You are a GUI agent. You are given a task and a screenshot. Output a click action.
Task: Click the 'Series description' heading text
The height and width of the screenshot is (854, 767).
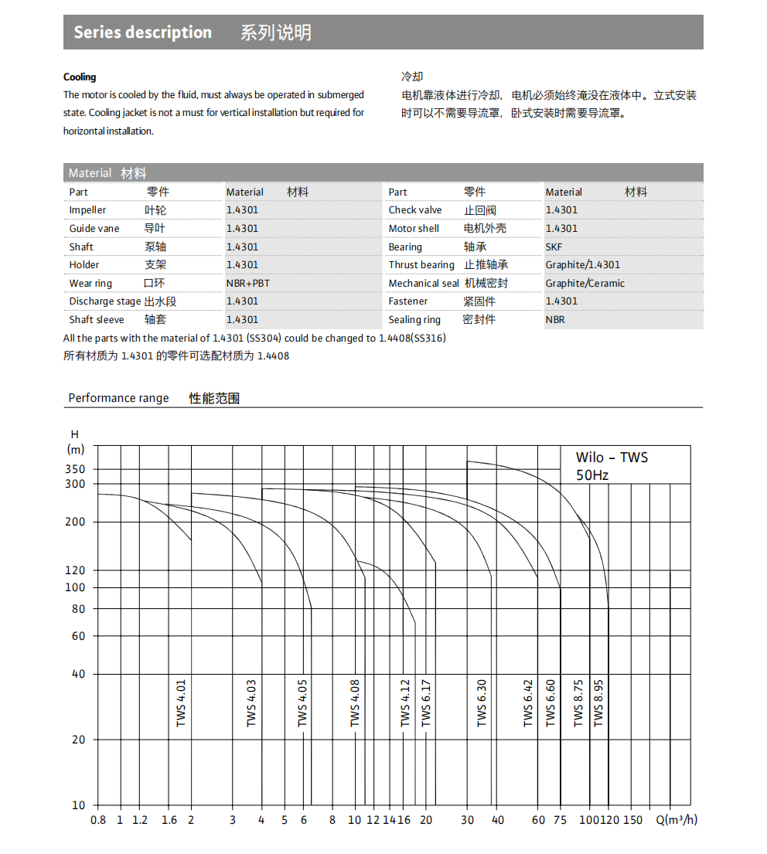[x=142, y=32]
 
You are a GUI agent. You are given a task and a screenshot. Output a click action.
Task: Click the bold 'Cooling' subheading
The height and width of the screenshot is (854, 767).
[x=80, y=77]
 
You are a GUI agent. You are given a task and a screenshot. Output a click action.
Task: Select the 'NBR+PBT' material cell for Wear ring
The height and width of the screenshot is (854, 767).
[x=248, y=283]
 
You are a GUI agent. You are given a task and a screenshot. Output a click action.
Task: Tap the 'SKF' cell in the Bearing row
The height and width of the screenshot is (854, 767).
[x=554, y=247]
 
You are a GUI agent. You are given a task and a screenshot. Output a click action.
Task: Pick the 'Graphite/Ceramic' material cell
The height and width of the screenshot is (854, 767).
[x=585, y=283]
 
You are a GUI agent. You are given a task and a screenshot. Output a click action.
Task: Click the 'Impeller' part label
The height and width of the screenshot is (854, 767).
[x=87, y=210]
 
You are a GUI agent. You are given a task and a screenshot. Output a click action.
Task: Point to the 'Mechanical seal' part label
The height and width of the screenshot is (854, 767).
[x=424, y=284]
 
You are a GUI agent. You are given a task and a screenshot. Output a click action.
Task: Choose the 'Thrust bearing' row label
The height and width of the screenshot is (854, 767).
[x=421, y=265]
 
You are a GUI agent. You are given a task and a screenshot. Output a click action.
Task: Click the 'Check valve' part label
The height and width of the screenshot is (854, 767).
[x=415, y=210]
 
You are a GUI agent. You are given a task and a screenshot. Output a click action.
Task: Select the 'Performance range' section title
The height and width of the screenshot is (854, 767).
[x=118, y=398]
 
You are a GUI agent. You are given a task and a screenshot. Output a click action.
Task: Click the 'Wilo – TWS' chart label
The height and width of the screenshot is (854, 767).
[x=612, y=458]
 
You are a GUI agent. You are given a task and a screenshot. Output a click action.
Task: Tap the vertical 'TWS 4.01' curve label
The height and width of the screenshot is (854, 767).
[x=181, y=703]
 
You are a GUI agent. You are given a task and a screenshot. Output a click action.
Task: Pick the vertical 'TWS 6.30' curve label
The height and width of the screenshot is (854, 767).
[x=482, y=703]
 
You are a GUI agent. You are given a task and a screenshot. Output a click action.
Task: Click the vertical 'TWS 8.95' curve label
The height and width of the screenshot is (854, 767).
[x=598, y=703]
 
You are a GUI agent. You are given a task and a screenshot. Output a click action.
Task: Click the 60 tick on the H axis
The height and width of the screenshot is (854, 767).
[x=78, y=636]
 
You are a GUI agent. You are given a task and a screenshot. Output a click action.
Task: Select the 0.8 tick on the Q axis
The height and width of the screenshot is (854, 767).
[x=98, y=820]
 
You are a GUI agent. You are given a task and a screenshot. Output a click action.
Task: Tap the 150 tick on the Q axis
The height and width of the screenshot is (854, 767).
[x=632, y=820]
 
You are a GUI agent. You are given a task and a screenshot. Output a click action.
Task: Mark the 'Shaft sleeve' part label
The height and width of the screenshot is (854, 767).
[x=97, y=320]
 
